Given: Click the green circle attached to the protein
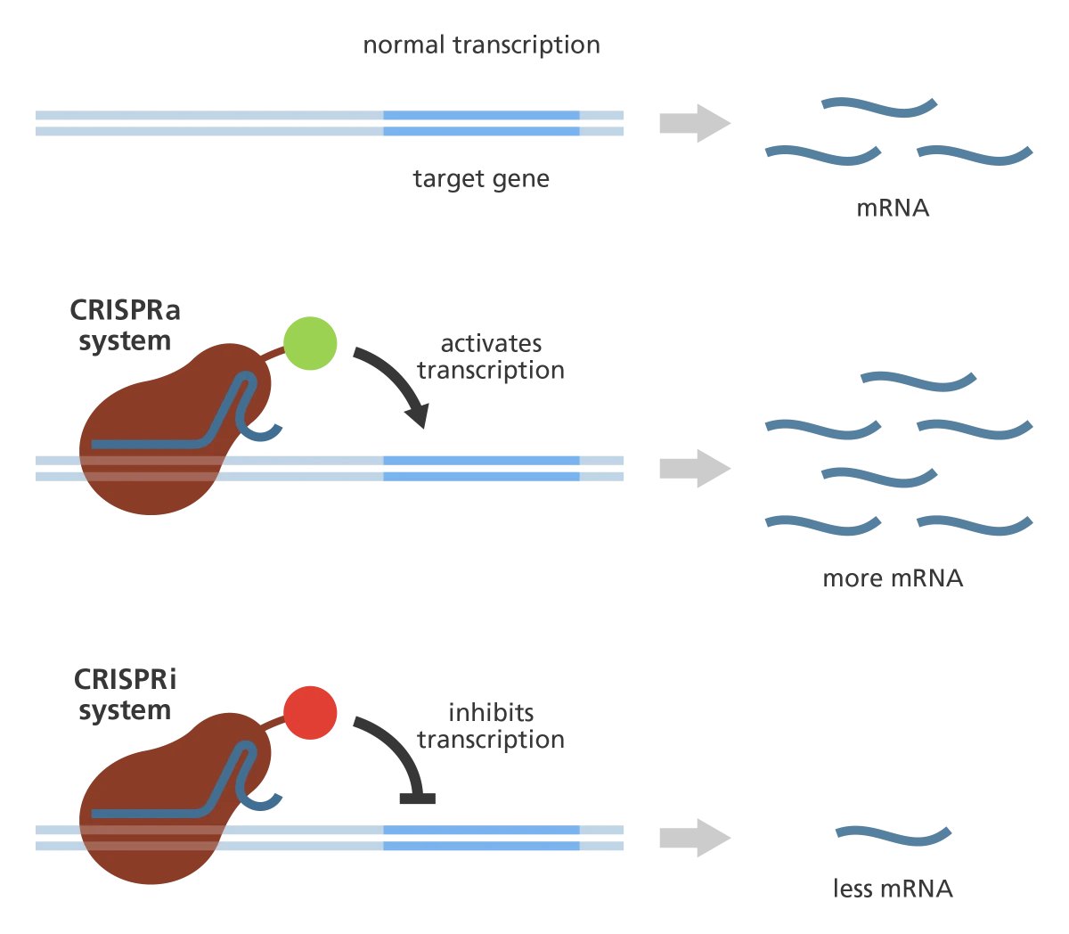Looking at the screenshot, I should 310,342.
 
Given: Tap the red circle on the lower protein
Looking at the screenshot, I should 310,713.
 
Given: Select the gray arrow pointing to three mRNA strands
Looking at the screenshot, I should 694,123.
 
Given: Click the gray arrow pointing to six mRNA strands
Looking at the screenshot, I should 694,468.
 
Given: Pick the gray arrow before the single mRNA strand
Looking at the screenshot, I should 694,838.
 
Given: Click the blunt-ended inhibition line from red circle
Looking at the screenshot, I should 421,796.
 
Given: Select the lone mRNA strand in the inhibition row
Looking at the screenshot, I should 894,836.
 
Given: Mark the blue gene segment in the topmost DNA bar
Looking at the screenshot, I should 481,124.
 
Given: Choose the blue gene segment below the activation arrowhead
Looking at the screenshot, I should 481,468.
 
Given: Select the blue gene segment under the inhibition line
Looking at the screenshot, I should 481,838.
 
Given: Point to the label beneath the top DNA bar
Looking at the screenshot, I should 481,181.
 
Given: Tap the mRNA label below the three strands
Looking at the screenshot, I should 894,211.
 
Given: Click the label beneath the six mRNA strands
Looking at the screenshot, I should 894,582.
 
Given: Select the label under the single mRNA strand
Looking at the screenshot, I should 894,889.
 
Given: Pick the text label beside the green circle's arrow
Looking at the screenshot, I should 493,358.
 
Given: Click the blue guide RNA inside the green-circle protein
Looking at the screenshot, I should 160,442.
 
